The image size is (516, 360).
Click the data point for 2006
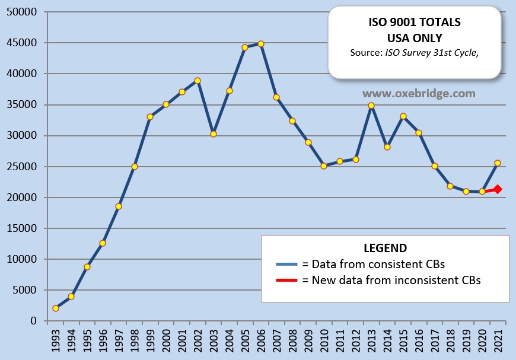260,44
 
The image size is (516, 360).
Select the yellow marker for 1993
55,308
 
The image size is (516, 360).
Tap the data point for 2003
214,134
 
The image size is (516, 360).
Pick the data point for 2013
371,106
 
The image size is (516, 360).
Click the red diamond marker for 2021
498,189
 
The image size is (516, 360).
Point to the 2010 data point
324,166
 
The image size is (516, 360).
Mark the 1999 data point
150,117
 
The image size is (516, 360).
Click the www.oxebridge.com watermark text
419,94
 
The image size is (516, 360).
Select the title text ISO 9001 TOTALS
415,23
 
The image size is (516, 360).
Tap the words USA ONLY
415,38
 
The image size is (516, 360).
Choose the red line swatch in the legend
288,280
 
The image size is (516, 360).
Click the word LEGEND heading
385,248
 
